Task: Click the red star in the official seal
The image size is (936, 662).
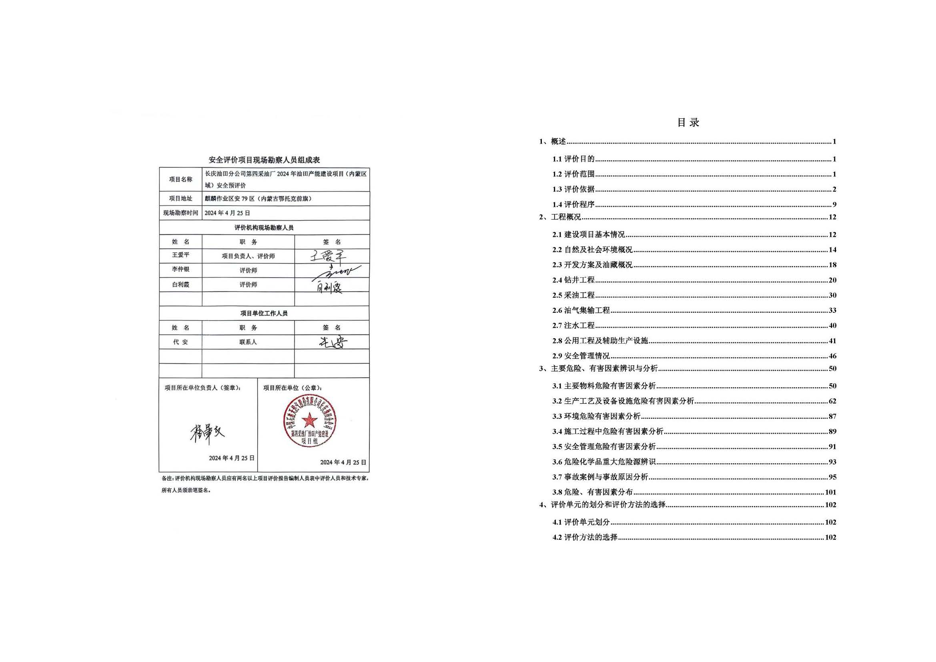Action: [310, 420]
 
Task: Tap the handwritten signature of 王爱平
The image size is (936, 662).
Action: [327, 256]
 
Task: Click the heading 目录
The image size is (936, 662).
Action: [688, 123]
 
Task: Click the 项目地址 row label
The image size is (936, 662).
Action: [180, 198]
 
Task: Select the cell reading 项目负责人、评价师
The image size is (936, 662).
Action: [248, 256]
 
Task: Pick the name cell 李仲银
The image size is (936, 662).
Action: [180, 270]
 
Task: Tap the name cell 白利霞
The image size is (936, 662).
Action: [180, 284]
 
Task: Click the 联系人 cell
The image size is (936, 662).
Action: [248, 342]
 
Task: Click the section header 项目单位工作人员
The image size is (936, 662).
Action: [264, 313]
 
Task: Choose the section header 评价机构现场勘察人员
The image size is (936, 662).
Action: [264, 228]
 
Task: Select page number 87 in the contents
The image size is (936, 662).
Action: [832, 416]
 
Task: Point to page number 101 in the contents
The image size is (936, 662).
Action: [830, 492]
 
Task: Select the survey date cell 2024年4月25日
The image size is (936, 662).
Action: [227, 213]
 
